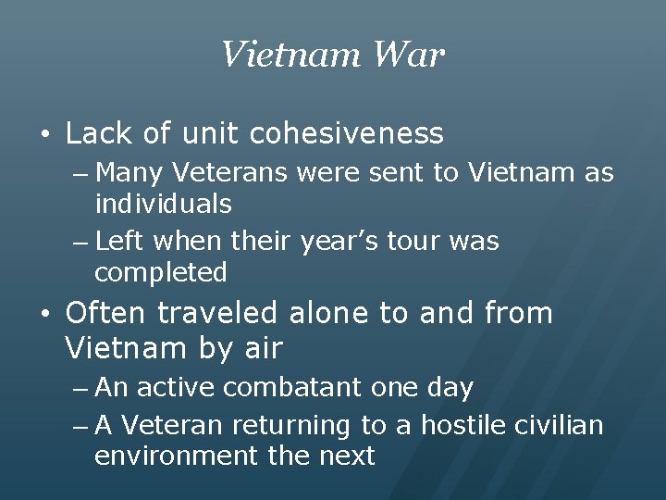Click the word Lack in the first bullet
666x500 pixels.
coord(99,134)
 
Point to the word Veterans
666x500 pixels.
coord(232,173)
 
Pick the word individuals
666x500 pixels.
coord(163,203)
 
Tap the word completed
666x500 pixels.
coord(160,272)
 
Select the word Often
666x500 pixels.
coord(106,314)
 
